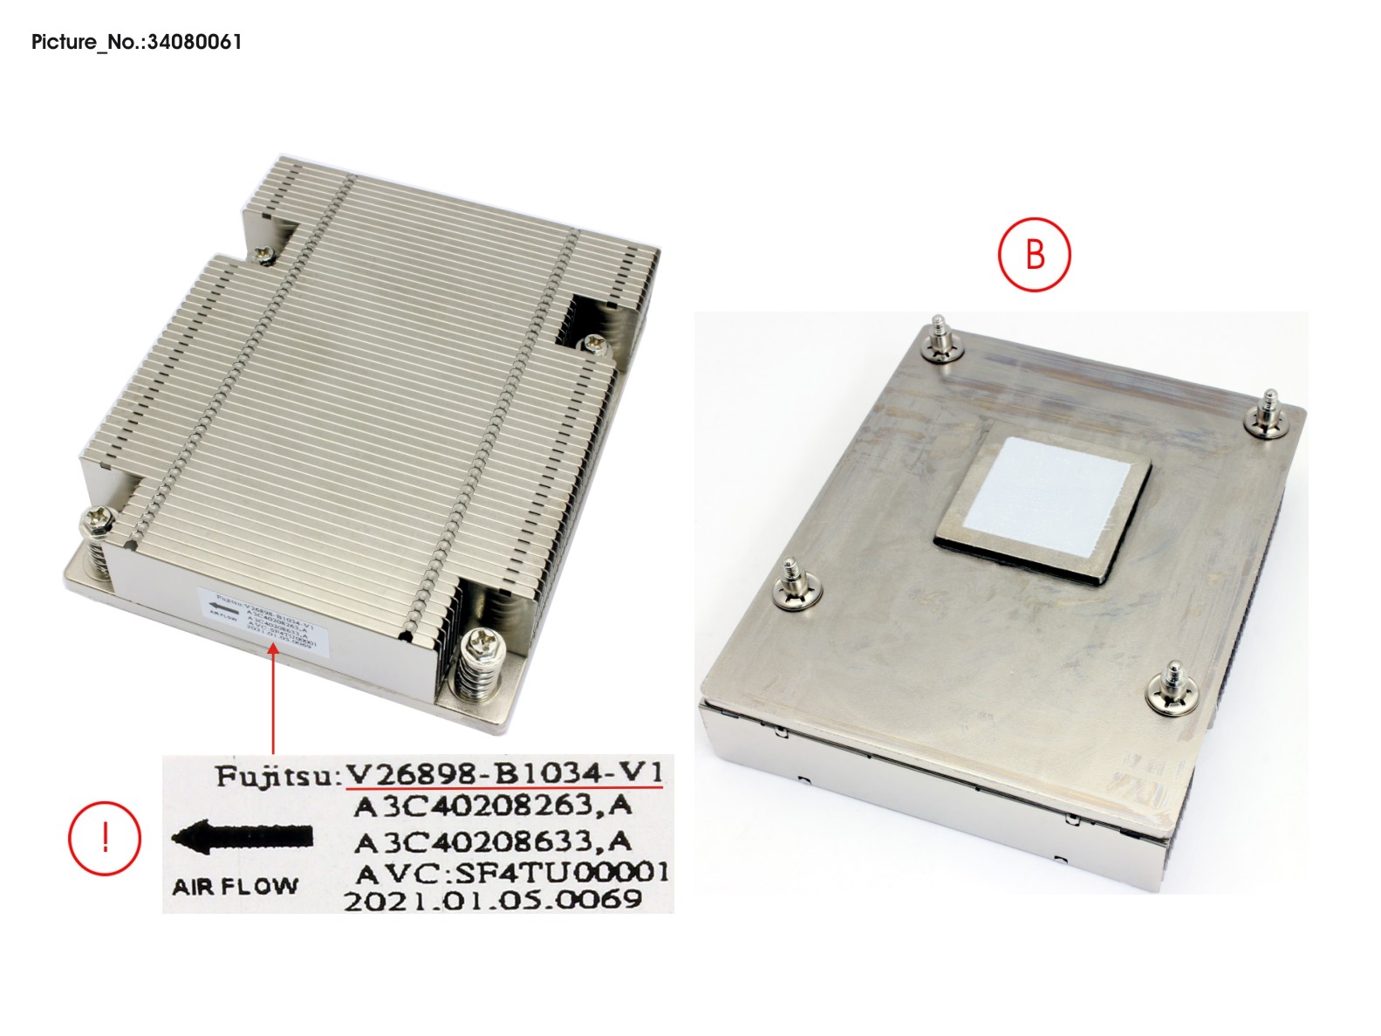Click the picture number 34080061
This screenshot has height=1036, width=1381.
tap(136, 41)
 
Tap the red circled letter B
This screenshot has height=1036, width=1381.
tap(1034, 255)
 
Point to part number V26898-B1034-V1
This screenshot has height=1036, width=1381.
tap(504, 773)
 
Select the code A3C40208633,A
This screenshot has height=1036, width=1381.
tap(492, 841)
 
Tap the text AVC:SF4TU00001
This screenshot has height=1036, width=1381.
tap(513, 872)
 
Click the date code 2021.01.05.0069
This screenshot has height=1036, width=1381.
tap(493, 900)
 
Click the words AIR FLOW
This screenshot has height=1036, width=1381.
tap(235, 887)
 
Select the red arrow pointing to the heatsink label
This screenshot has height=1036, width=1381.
tap(274, 698)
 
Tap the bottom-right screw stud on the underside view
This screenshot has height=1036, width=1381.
tap(1168, 689)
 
